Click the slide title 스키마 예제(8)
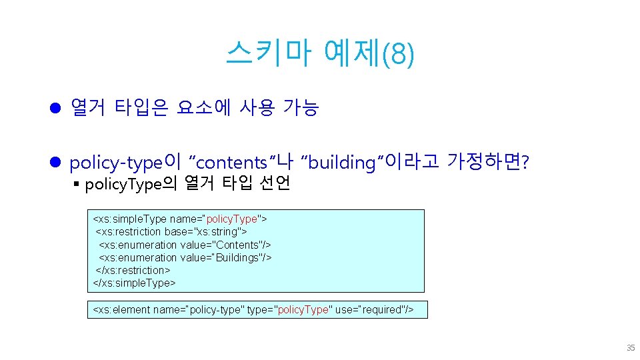[x=319, y=54]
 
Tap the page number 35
[x=630, y=348]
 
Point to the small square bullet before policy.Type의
[x=78, y=184]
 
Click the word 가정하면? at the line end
[x=488, y=162]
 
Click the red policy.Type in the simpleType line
[x=232, y=219]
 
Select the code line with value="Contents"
[x=185, y=245]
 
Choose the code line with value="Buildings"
[x=185, y=257]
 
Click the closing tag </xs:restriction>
[x=133, y=270]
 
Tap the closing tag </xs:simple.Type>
[x=134, y=283]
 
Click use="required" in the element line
[x=370, y=310]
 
